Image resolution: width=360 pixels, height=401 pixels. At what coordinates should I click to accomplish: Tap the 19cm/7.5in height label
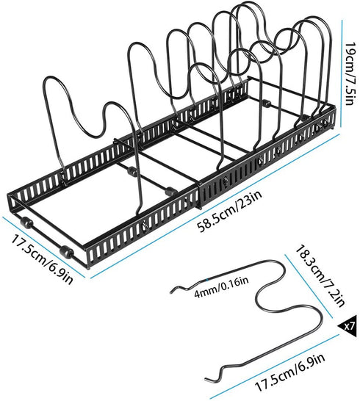[x=349, y=73]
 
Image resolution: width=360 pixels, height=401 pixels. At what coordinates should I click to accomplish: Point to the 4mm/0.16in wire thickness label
[x=222, y=288]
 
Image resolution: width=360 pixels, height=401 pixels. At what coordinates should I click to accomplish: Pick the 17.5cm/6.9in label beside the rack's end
[x=41, y=256]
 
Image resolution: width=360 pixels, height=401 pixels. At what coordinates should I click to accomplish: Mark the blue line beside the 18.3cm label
[x=309, y=286]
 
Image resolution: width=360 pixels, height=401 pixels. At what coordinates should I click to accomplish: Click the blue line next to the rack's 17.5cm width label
[x=43, y=247]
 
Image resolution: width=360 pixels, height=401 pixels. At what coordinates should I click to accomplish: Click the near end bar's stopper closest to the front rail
[x=66, y=251]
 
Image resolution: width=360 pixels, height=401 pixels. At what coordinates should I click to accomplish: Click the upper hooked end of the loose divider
[x=175, y=290]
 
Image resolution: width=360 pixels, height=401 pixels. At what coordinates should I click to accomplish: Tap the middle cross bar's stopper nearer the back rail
[x=131, y=171]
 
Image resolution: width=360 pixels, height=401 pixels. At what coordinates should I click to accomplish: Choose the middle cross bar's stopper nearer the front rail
[x=170, y=191]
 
